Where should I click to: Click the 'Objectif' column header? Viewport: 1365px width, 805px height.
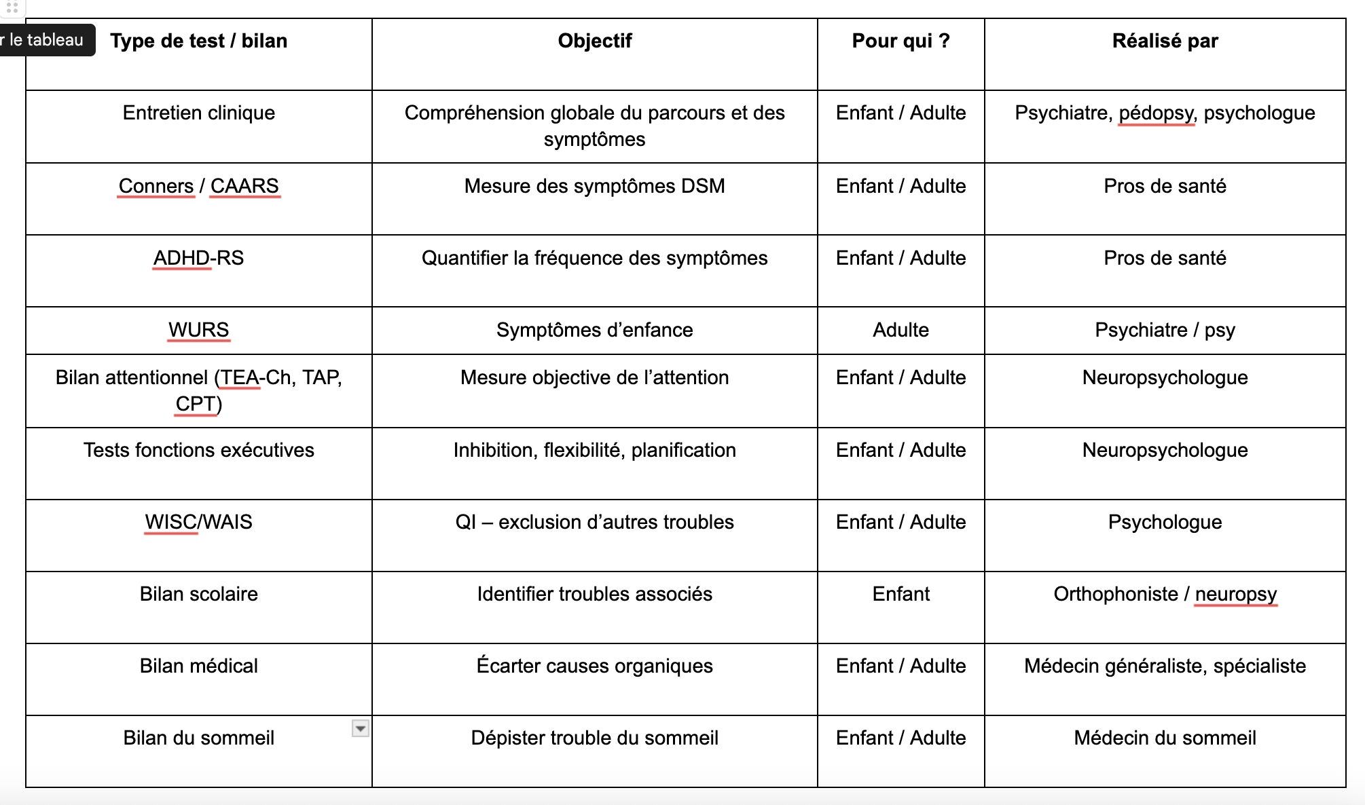point(594,41)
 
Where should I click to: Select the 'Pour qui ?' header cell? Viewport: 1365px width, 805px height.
point(900,41)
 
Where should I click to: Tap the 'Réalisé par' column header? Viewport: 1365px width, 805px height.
point(1165,41)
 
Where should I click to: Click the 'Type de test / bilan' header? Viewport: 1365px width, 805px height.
point(198,41)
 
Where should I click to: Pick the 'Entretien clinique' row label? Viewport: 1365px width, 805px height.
point(198,113)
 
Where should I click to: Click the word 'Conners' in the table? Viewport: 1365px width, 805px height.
point(156,186)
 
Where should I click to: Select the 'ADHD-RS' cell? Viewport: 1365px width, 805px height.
point(198,258)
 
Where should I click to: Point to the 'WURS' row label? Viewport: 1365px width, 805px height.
point(198,330)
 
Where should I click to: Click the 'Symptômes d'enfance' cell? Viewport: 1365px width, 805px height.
point(594,330)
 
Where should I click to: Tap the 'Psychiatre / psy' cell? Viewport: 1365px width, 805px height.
point(1165,330)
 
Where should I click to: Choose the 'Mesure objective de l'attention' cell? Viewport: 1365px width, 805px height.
point(594,377)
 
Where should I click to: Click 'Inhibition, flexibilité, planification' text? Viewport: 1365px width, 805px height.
point(594,450)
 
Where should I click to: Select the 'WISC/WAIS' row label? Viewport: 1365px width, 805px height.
point(198,522)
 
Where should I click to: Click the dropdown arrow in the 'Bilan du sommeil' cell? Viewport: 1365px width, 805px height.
point(361,728)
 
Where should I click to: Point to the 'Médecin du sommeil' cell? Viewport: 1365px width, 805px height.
point(1165,738)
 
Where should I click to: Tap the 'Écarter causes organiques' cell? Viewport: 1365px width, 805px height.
point(594,666)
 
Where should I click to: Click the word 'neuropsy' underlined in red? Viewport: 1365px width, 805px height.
point(1236,594)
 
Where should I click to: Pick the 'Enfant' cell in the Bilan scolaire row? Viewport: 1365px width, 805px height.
point(900,594)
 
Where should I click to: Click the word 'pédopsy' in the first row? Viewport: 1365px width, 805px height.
point(1156,113)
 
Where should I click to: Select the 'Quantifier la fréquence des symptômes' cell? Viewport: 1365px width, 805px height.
point(594,258)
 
